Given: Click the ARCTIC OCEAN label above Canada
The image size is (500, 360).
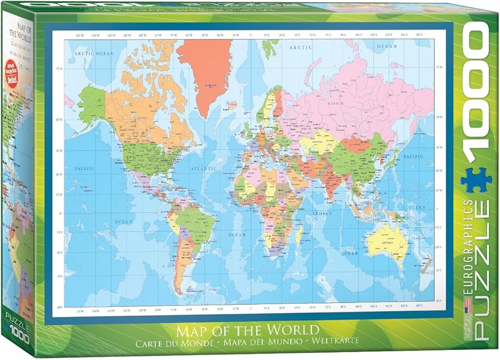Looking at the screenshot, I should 93,54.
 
